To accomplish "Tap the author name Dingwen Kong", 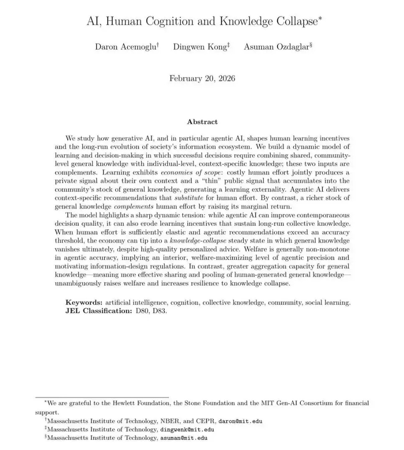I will pyautogui.click(x=200, y=46).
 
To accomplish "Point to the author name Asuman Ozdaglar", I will pyautogui.click(x=276, y=46).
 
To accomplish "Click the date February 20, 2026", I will pyautogui.click(x=202, y=78).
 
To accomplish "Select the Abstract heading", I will pyautogui.click(x=202, y=122).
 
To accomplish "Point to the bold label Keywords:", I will pyautogui.click(x=84, y=302).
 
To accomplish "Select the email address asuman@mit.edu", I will pyautogui.click(x=184, y=438).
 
